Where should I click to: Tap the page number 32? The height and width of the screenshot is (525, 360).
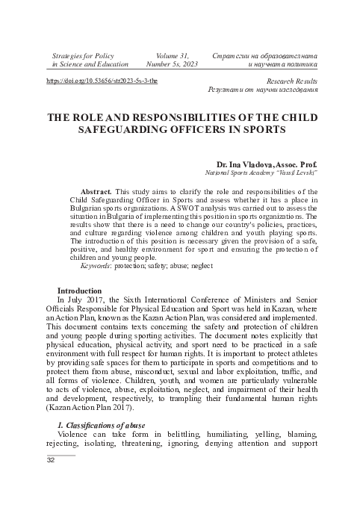tap(52, 462)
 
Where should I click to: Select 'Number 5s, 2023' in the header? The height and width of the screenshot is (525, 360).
tap(173, 65)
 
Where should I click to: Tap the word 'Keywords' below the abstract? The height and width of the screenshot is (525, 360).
tap(95, 265)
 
